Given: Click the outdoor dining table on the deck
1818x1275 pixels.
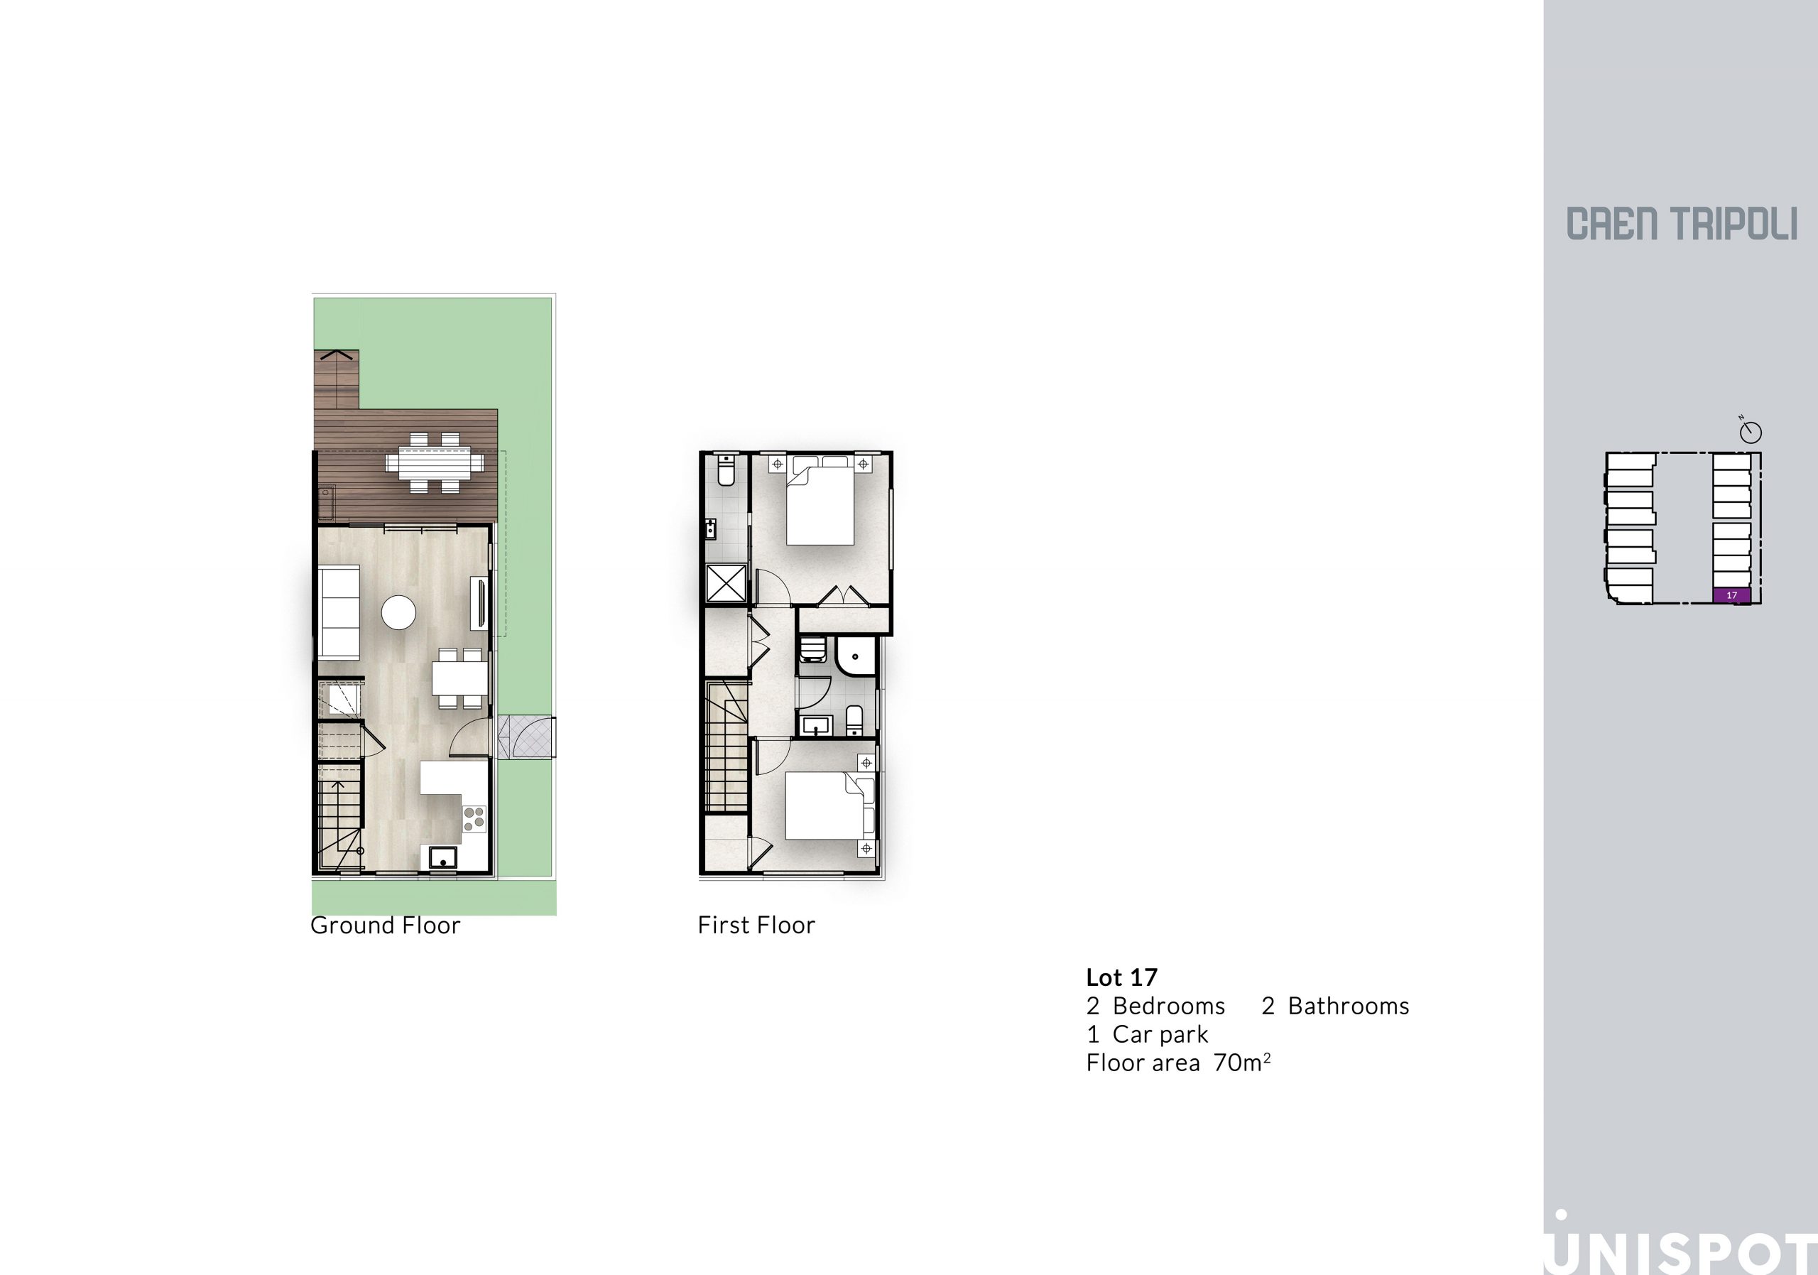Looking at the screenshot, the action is (x=435, y=462).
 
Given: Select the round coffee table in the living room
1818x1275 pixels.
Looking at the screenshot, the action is (x=398, y=612).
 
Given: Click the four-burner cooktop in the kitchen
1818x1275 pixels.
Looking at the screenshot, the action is (x=474, y=818).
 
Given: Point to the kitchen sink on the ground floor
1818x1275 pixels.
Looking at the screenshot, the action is (x=443, y=857).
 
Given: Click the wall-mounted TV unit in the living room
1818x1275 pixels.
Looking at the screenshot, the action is (x=481, y=604).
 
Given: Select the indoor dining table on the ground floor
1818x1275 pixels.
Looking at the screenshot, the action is (x=459, y=678).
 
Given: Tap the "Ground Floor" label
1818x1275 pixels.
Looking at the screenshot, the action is (x=385, y=925).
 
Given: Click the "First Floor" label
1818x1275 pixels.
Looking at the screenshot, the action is (x=756, y=925).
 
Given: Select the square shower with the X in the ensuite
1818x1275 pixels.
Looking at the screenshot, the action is (x=726, y=584).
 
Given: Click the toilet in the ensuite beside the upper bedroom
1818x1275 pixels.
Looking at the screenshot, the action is (x=726, y=471).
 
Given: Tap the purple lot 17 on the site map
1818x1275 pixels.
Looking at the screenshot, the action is (x=1731, y=595).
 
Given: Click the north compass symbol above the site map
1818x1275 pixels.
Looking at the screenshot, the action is (x=1751, y=431).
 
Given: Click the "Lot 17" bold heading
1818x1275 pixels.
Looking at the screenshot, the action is (x=1121, y=977).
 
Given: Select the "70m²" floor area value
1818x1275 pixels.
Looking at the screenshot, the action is (x=1242, y=1062).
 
